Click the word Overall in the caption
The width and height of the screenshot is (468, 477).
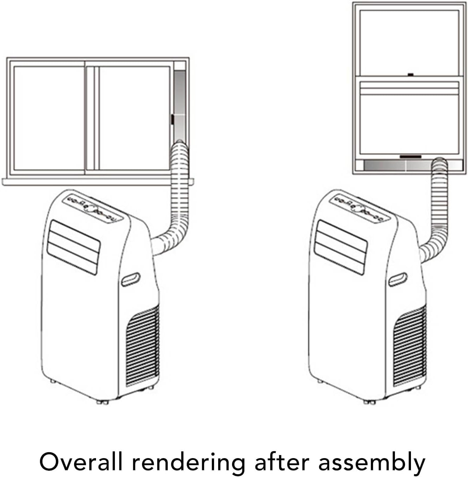pos(81,461)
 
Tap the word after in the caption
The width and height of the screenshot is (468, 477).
pos(281,461)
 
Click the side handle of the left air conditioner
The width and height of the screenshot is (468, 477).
pos(130,279)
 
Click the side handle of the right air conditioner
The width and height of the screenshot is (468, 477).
pos(398,279)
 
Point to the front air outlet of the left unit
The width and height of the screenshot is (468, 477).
pos(73,247)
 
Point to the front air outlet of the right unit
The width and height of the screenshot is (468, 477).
pos(340,247)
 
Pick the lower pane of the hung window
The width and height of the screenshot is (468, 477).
pos(409,124)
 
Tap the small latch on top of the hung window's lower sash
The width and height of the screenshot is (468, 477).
pos(410,74)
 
